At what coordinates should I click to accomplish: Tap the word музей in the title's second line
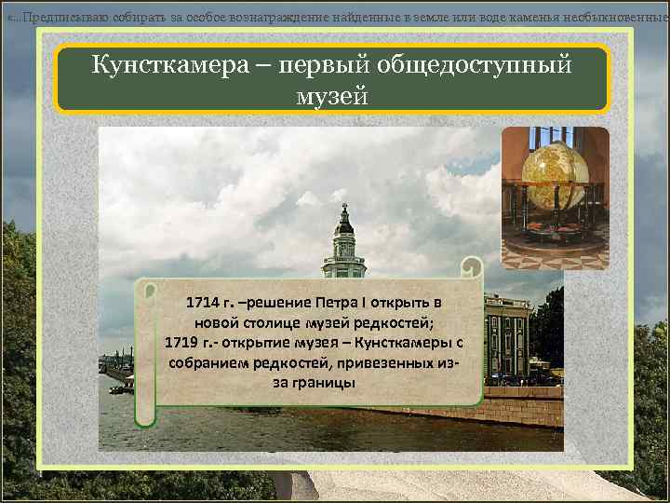(x=332, y=95)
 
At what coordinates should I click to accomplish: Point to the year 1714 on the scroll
(x=203, y=304)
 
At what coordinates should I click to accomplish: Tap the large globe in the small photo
(x=555, y=176)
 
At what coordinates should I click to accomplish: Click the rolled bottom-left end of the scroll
(x=144, y=415)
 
